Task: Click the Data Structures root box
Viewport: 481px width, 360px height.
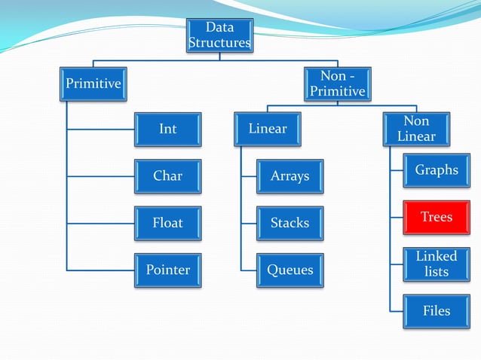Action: pos(219,35)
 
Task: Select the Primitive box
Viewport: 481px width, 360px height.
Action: pos(93,83)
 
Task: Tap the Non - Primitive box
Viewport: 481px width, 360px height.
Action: pos(337,83)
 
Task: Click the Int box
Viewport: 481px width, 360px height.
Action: pos(168,129)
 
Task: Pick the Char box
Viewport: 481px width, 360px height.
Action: pos(168,175)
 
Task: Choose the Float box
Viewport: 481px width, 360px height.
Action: pos(168,223)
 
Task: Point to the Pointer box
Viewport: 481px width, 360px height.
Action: pos(168,270)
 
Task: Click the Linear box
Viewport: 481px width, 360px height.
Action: pos(268,129)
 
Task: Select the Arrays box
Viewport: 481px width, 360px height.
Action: pos(290,175)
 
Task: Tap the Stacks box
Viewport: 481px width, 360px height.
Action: pos(290,223)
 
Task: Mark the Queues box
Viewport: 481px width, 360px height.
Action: pos(290,270)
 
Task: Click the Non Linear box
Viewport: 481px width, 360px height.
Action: pos(416,129)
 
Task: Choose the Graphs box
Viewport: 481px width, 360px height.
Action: pos(437,170)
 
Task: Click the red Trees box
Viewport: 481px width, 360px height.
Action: pos(437,217)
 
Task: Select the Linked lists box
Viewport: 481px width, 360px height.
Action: pos(437,264)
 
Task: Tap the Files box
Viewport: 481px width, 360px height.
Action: pos(437,310)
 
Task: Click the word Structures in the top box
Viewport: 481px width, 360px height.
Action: pos(219,43)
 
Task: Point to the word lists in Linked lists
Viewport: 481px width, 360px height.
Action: pos(437,272)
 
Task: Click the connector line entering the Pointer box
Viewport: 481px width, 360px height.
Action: pos(102,270)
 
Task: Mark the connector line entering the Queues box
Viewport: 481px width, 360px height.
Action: pos(249,270)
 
